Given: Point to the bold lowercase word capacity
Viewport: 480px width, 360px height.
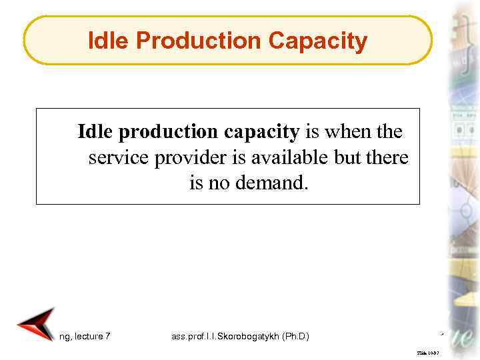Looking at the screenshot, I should [x=261, y=132].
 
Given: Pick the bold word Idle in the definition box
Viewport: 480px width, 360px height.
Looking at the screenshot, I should [x=96, y=132].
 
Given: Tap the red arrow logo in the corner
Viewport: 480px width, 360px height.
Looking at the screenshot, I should [x=35, y=325].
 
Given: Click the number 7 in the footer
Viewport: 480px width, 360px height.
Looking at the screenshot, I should [x=108, y=337].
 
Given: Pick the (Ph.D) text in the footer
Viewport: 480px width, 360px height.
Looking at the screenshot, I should [x=294, y=337].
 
